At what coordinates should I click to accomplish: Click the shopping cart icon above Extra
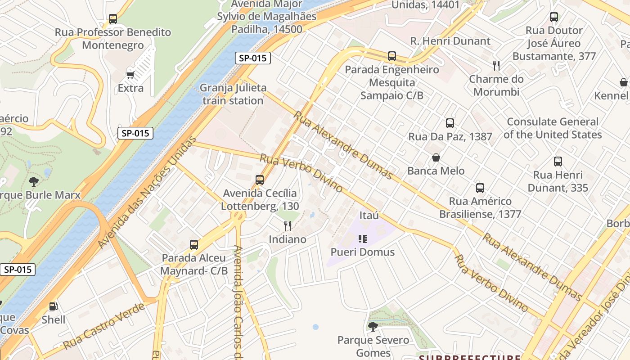click(130, 75)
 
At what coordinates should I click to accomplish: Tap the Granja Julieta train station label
click(233, 94)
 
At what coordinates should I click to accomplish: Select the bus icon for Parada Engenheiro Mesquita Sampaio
click(392, 56)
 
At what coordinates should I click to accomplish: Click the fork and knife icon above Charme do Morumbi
click(496, 66)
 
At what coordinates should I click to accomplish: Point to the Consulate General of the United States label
click(553, 128)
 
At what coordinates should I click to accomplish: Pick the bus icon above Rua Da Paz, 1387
click(450, 123)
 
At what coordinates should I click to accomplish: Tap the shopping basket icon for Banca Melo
click(436, 157)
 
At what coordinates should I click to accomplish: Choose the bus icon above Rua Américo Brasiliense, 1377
click(480, 188)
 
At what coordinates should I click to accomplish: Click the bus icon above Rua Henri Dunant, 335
click(558, 162)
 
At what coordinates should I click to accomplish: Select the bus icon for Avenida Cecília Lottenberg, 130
click(260, 180)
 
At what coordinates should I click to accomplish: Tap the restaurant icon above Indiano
click(287, 225)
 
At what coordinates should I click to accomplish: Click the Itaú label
click(369, 215)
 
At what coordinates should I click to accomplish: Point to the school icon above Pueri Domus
click(362, 238)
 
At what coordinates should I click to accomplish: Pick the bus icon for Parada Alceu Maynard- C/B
click(194, 245)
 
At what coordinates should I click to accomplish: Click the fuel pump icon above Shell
click(53, 306)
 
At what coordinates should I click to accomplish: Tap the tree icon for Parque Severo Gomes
click(373, 326)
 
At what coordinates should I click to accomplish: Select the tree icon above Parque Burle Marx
click(33, 182)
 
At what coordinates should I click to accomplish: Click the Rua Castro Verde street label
click(104, 327)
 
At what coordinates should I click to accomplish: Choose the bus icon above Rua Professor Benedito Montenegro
click(113, 19)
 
